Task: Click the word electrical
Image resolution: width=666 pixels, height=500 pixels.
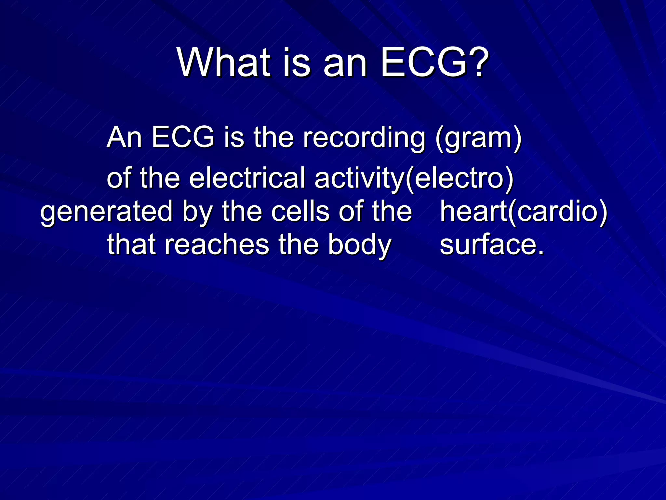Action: (247, 178)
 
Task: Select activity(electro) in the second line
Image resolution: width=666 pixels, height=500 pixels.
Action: (414, 178)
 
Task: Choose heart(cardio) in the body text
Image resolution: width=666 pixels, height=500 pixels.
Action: (524, 212)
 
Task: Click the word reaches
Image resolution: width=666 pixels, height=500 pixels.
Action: (217, 245)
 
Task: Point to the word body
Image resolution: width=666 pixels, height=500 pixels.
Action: (359, 245)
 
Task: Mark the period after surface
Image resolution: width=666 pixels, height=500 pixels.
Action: (540, 253)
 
